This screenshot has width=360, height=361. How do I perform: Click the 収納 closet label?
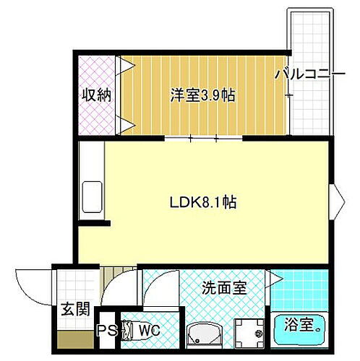tap(95, 95)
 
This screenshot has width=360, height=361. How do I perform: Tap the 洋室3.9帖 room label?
tap(203, 95)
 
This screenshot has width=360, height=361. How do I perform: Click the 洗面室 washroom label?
tap(224, 287)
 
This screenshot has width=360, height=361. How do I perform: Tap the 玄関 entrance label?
tap(75, 310)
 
